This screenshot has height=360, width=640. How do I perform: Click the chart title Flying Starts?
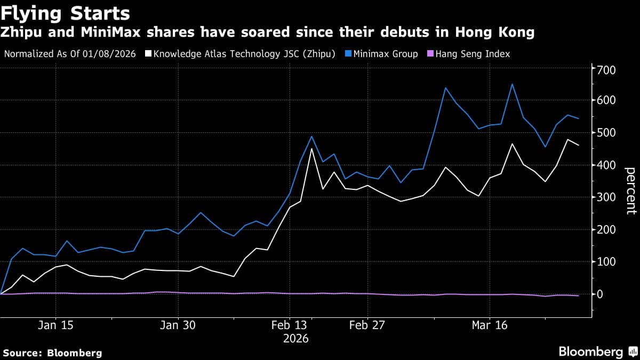[65, 12]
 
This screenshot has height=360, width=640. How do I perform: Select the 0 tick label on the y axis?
[600, 294]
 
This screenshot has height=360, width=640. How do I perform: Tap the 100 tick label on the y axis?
[606, 262]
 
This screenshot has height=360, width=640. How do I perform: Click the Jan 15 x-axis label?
[56, 325]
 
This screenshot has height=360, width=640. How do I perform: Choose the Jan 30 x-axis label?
[178, 325]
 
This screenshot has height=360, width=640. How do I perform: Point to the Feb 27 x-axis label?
[367, 325]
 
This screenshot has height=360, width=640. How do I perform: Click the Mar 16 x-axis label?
[489, 325]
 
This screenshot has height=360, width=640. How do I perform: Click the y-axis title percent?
[630, 190]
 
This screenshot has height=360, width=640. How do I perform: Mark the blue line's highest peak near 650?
[512, 84]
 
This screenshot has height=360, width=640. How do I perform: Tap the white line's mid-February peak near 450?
[311, 148]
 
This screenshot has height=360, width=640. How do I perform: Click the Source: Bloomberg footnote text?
[52, 353]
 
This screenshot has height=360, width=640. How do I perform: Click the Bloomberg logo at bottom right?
[590, 351]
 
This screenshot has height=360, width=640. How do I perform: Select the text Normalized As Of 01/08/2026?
[69, 54]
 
